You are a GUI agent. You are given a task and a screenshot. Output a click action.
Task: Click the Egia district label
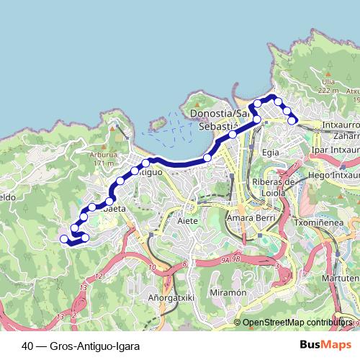click(x=271, y=153)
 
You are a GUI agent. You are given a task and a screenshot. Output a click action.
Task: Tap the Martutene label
click(x=341, y=277)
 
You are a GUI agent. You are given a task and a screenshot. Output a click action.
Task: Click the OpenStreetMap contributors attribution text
click(x=297, y=323)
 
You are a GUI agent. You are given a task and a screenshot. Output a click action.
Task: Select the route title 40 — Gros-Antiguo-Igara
click(x=81, y=346)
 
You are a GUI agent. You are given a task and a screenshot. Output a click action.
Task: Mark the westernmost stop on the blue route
click(x=63, y=238)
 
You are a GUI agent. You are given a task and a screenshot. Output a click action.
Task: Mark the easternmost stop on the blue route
click(x=292, y=120)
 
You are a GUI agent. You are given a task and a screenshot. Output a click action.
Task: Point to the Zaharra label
click(x=346, y=135)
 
